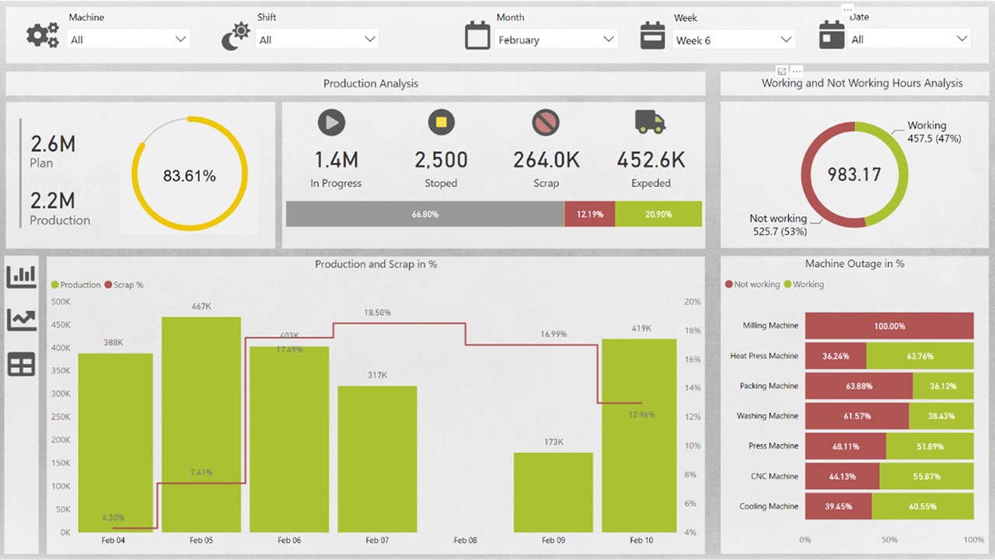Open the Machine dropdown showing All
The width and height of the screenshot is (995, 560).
[x=128, y=39]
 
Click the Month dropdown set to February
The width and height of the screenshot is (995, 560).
[x=556, y=40]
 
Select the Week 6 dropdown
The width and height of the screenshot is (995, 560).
[x=733, y=40]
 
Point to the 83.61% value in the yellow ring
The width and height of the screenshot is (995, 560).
[x=189, y=176]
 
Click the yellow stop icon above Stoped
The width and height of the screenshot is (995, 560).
[x=441, y=122]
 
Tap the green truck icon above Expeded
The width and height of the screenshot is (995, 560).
[x=650, y=122]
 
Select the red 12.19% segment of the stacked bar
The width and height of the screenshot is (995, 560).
[x=589, y=214]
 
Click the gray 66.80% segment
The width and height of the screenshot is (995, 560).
[x=424, y=214]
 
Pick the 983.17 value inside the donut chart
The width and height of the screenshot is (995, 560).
[x=854, y=174]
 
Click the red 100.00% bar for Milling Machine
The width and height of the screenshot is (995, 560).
[x=889, y=326]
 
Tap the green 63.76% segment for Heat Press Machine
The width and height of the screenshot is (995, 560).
[x=920, y=356]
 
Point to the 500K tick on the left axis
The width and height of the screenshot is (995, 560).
[x=61, y=302]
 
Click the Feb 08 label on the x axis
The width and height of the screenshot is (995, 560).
[x=465, y=540]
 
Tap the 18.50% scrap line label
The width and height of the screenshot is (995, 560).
[x=377, y=313]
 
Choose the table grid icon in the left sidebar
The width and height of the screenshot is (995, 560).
[x=22, y=365]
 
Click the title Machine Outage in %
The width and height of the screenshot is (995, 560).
[x=854, y=264]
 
